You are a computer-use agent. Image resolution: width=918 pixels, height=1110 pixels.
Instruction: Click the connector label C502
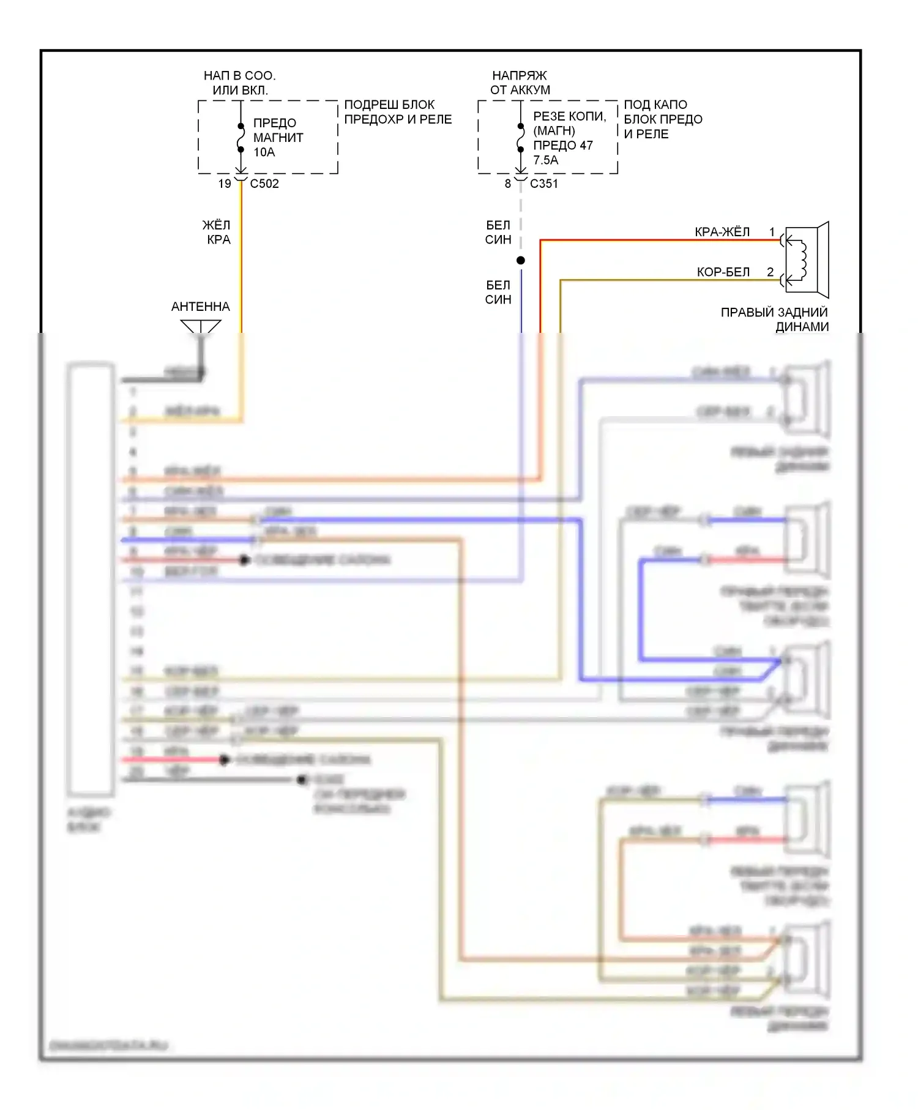264,184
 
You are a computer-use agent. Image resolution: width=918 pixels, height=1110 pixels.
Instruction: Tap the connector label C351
543,184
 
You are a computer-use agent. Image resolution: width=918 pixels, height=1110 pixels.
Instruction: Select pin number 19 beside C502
225,184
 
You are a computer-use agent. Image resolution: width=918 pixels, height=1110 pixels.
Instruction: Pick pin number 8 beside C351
507,184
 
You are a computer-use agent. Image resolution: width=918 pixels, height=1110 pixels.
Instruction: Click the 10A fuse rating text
264,152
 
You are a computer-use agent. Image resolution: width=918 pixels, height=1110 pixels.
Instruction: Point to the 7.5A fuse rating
545,160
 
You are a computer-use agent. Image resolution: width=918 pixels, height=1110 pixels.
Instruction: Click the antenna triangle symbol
201,327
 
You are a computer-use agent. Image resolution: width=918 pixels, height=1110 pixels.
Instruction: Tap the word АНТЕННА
201,307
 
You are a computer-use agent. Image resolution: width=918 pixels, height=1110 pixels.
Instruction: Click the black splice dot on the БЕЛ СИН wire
521,261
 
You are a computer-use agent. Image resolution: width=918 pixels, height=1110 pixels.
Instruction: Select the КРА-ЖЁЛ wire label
722,233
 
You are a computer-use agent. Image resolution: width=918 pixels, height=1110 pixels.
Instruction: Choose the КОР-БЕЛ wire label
723,272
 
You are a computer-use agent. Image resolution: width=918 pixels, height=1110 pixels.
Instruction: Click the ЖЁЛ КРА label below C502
217,233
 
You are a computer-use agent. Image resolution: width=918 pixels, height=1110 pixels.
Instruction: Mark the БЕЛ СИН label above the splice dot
498,233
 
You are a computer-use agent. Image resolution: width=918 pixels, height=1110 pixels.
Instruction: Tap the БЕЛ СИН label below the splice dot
498,292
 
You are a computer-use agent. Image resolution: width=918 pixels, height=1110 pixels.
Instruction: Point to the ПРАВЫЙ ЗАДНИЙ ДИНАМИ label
775,319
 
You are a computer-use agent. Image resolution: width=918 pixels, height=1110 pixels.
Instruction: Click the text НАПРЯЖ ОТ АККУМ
520,83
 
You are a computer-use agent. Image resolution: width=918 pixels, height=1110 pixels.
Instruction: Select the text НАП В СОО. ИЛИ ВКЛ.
240,83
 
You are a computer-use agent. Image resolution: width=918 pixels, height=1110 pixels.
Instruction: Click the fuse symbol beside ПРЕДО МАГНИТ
241,138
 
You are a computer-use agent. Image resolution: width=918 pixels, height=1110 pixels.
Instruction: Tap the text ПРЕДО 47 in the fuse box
563,146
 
